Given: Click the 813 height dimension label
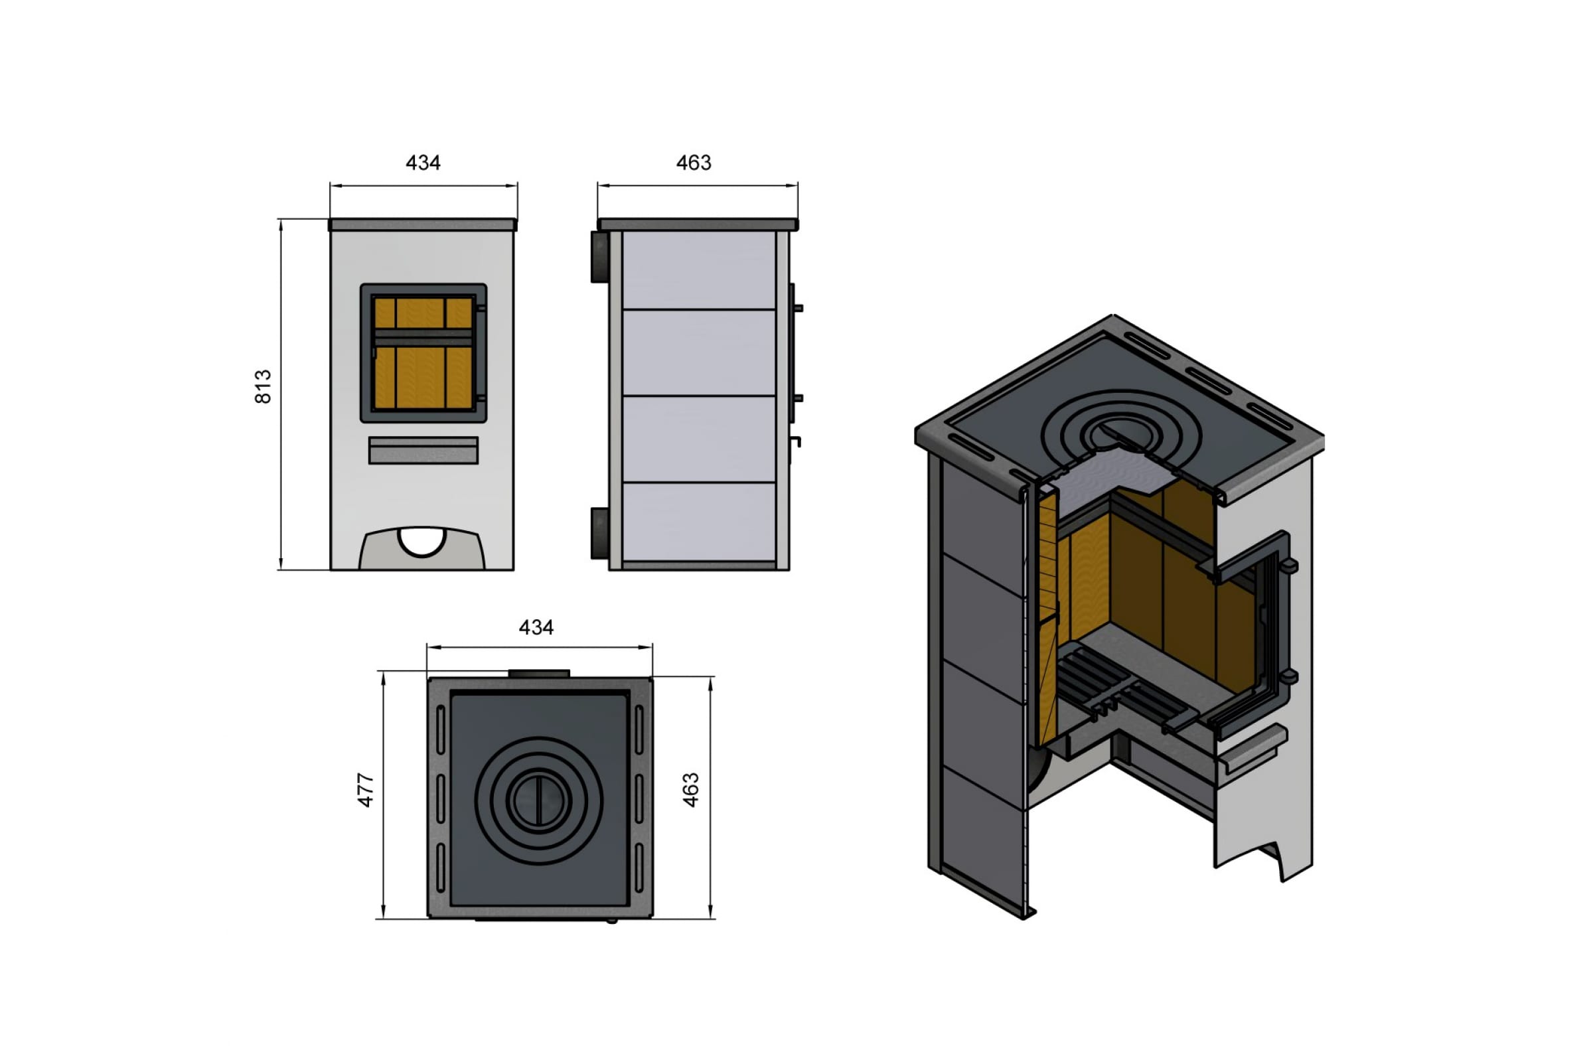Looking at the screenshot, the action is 263,387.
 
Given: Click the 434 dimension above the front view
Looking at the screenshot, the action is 423,163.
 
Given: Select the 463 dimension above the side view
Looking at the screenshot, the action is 694,163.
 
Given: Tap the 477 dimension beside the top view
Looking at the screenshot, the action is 365,790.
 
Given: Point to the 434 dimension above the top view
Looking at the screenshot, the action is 536,628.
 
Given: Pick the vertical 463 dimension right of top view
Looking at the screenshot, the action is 690,790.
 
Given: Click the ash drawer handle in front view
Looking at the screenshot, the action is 423,451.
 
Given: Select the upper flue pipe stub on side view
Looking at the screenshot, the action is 600,257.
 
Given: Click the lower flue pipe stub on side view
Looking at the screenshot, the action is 600,534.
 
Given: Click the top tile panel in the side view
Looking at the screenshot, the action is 699,270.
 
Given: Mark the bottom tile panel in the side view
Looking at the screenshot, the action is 699,522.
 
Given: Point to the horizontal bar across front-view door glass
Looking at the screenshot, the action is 423,337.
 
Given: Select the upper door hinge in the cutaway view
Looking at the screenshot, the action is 1289,566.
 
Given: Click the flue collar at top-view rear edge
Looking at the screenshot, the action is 539,673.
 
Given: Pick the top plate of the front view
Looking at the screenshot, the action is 423,225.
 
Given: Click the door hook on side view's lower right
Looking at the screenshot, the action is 796,441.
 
